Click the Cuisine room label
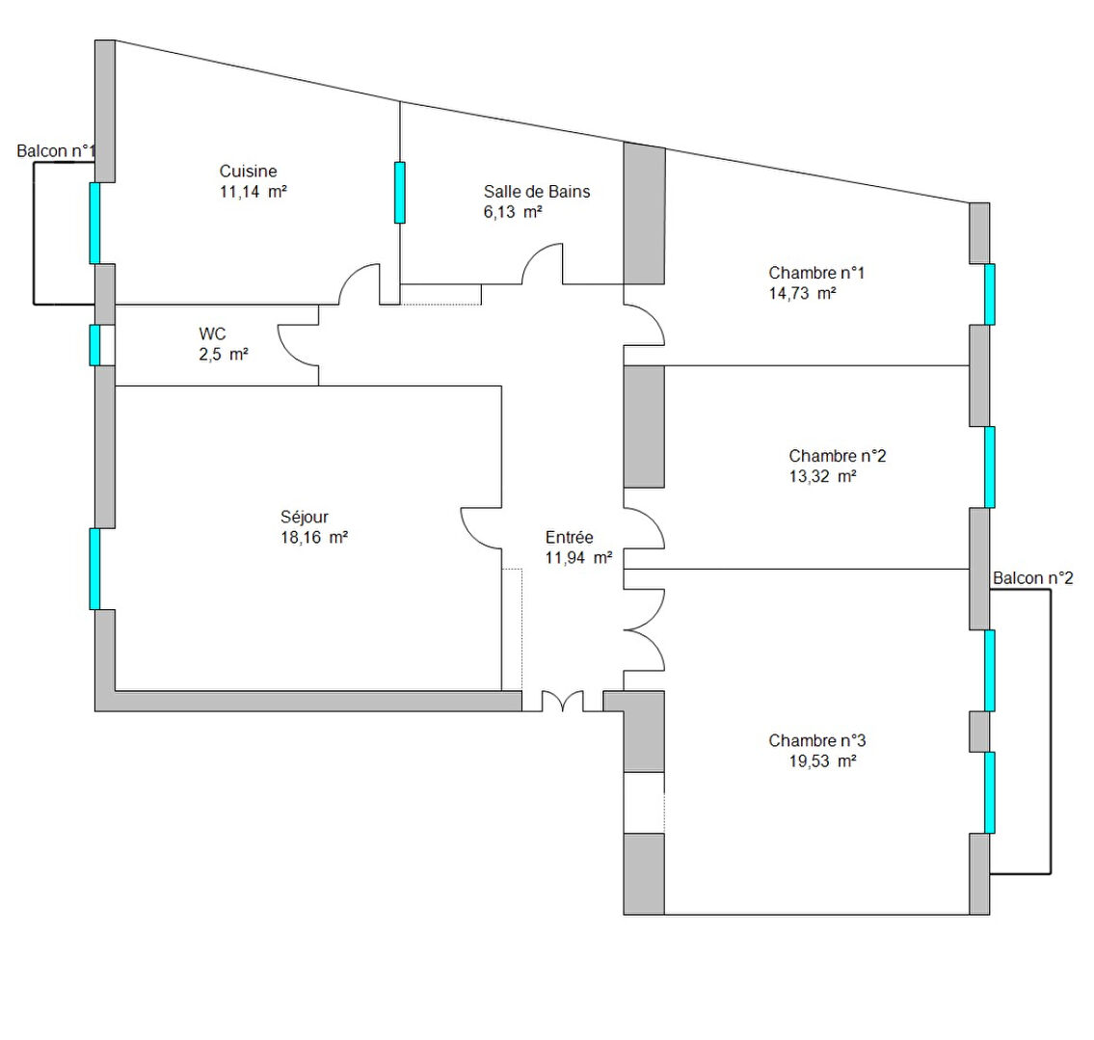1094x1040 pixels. [248, 171]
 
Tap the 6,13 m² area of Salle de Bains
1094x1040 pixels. [513, 212]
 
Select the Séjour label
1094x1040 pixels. [305, 517]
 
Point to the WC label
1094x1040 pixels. [212, 333]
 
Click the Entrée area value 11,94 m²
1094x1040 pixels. [579, 557]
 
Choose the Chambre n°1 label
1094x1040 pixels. [816, 273]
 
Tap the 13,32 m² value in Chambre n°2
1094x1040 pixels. [822, 476]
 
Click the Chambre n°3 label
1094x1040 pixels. [817, 741]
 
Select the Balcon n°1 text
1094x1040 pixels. [56, 150]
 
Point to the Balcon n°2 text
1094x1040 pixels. [1032, 578]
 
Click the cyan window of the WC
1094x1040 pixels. [94, 344]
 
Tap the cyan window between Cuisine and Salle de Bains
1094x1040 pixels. [400, 193]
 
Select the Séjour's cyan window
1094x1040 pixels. [94, 570]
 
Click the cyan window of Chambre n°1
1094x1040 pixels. [989, 294]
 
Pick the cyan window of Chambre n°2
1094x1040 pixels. [989, 467]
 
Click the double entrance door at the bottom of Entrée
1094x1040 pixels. [562, 701]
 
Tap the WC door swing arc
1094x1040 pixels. [287, 353]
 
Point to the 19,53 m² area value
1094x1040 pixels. [822, 761]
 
